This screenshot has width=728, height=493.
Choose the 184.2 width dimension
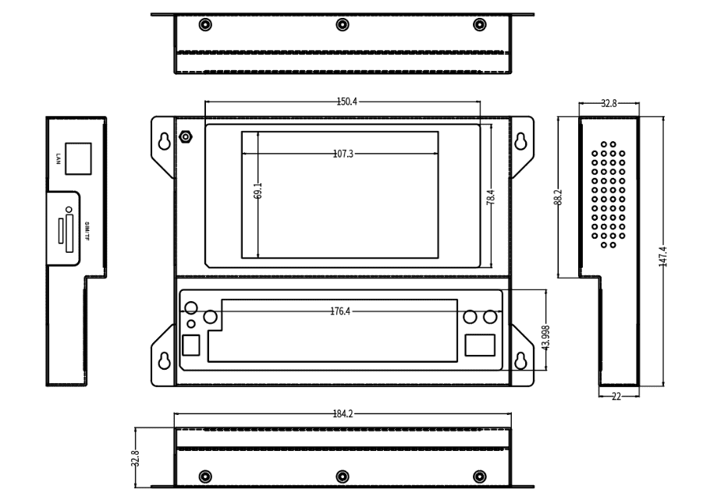pos(343,414)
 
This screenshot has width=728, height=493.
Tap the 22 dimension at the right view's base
pos(616,396)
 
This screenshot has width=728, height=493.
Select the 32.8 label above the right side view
pos(609,102)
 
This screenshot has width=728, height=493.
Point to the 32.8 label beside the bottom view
pos(135,457)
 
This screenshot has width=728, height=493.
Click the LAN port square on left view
pos(77,158)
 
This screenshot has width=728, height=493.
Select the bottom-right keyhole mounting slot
pos(520,361)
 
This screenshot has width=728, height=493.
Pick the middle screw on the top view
pos(342,24)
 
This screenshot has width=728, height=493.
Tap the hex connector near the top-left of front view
pos(186,137)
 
